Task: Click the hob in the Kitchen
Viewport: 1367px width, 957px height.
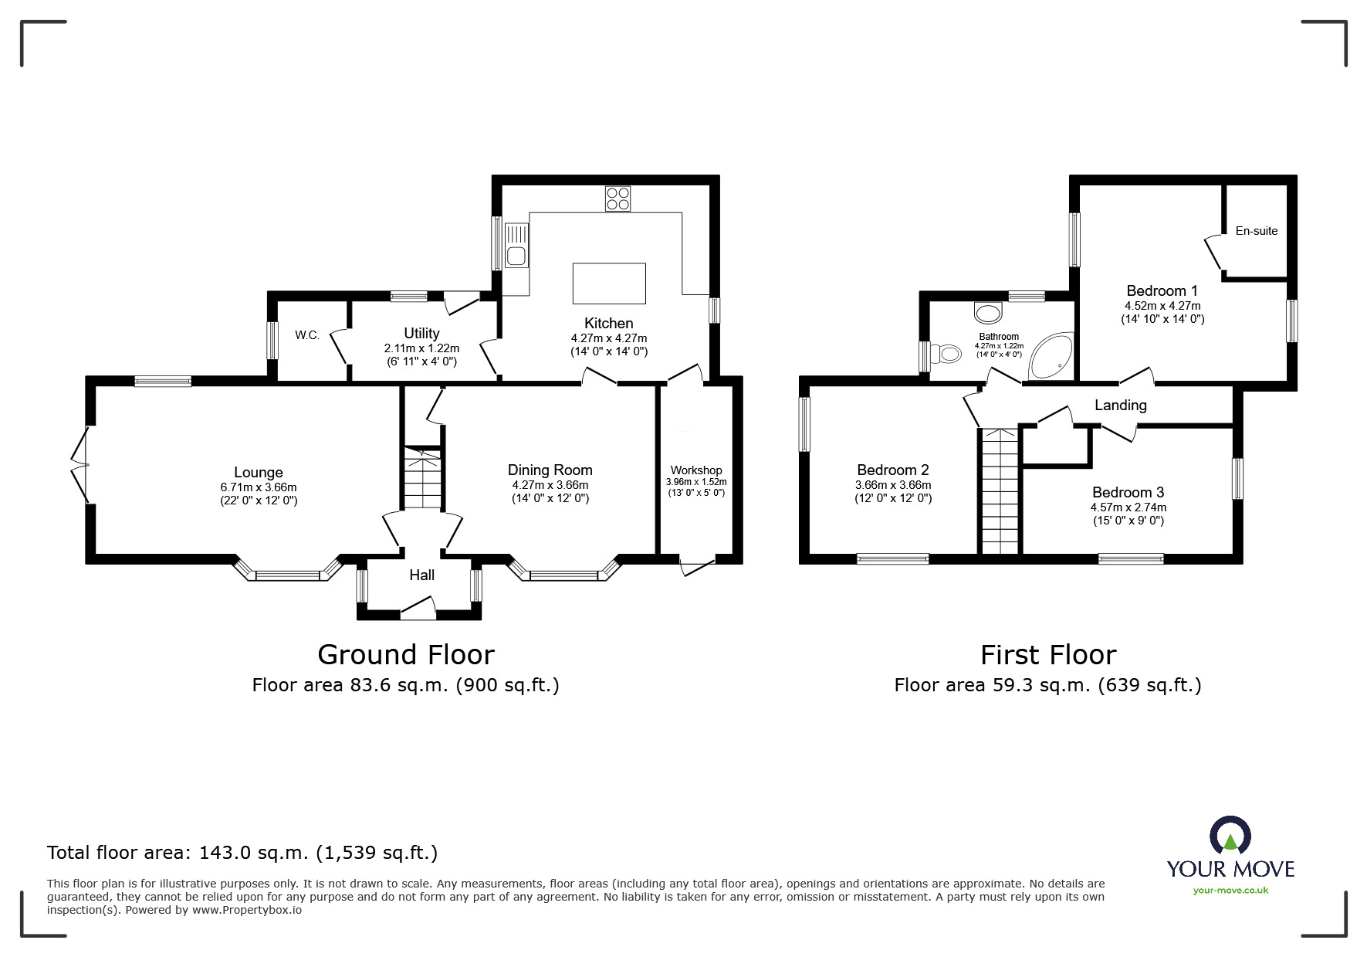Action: pos(618,199)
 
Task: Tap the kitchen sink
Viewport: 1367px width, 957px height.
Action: pos(516,245)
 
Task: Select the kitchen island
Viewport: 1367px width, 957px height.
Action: pos(609,283)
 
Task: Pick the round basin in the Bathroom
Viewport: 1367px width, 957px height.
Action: pos(988,312)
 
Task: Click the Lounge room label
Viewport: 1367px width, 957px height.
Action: pos(259,473)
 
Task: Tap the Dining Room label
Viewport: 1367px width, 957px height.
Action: pos(550,470)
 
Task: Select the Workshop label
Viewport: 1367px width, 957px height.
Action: pos(696,470)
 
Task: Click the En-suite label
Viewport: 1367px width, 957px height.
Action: pos(1257,231)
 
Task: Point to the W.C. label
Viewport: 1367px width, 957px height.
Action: pos(307,335)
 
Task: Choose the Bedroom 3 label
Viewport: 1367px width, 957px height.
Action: pos(1128,493)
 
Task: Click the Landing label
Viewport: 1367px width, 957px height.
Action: pos(1121,406)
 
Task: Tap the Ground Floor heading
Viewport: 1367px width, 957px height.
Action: pos(406,655)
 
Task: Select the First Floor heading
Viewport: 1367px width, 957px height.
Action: pos(1048,655)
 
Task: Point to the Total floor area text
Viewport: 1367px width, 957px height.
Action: pos(242,853)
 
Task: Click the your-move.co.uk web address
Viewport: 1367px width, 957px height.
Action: pos(1230,891)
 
